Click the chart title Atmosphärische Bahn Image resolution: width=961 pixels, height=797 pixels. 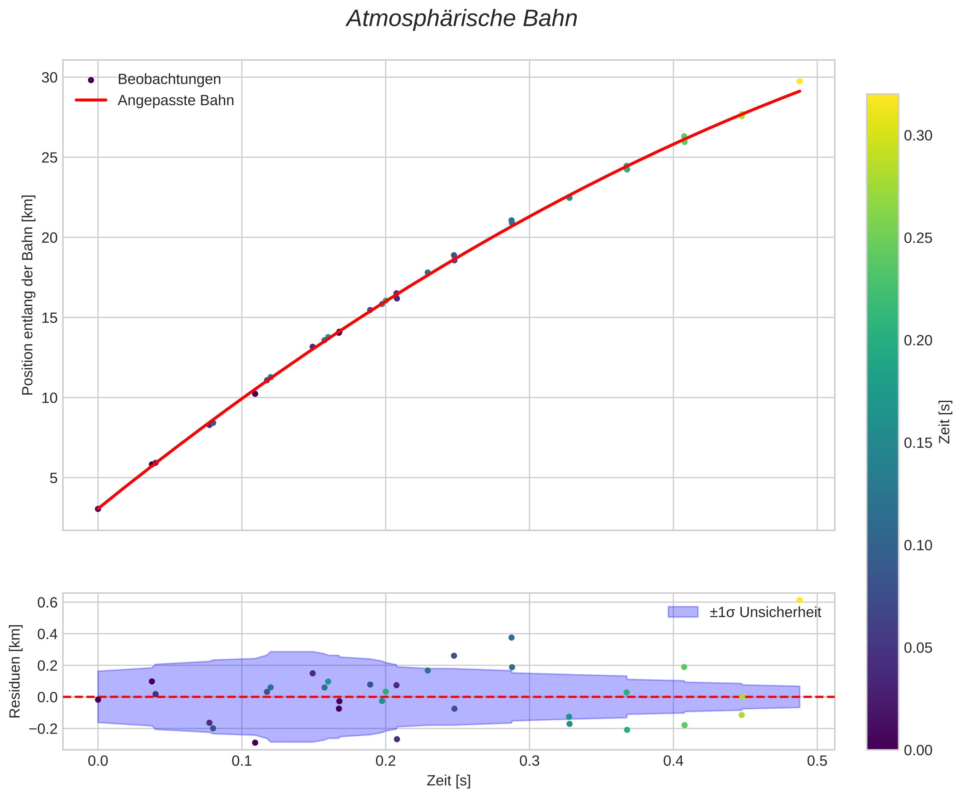click(462, 19)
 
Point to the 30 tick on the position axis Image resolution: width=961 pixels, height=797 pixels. click(49, 77)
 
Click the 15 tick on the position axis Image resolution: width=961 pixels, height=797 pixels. click(49, 318)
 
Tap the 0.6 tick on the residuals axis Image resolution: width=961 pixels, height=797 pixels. click(47, 603)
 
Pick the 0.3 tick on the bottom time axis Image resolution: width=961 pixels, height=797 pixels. click(529, 762)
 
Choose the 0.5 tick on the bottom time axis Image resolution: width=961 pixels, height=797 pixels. click(817, 762)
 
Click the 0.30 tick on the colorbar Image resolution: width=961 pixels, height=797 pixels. click(918, 136)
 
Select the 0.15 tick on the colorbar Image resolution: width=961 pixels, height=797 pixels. click(918, 443)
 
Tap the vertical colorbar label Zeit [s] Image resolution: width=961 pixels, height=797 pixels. click(945, 422)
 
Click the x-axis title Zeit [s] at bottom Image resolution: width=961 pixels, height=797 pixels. click(449, 781)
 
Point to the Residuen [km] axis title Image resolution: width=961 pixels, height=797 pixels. click(15, 671)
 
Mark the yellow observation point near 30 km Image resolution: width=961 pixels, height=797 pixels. click(800, 81)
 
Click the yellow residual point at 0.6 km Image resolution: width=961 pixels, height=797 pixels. click(800, 600)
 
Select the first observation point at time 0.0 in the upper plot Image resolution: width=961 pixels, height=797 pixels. click(98, 509)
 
